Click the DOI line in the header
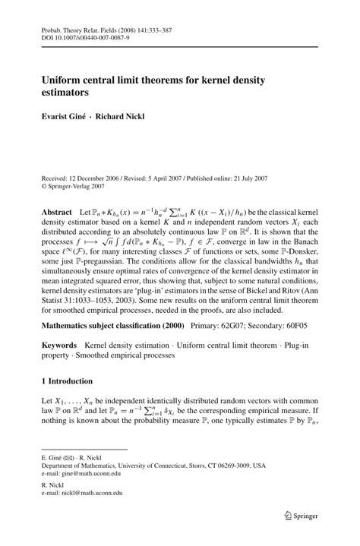click(75, 35)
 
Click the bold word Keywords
click(61, 346)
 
